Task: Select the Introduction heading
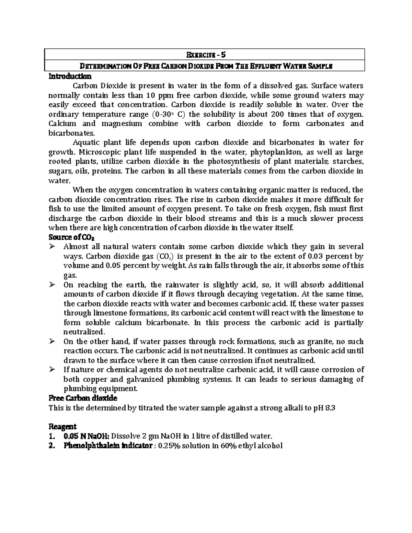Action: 70,76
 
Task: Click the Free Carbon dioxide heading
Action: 83,398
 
